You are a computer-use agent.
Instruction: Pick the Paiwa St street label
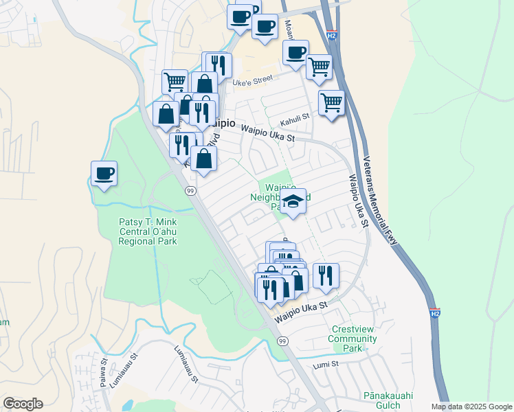[x=104, y=371]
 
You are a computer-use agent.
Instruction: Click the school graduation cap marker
[x=293, y=202]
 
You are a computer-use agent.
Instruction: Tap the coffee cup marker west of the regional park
[x=104, y=173]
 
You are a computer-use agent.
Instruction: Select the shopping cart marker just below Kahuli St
[x=332, y=103]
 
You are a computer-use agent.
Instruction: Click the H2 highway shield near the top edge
[x=332, y=34]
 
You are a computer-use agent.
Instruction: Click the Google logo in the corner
[x=23, y=404]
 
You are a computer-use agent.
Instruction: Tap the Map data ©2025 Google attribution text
[x=471, y=407]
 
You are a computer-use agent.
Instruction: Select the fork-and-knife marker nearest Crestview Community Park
[x=326, y=275]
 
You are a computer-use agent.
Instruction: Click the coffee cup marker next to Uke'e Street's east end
[x=296, y=52]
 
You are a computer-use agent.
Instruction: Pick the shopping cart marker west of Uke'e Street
[x=175, y=82]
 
